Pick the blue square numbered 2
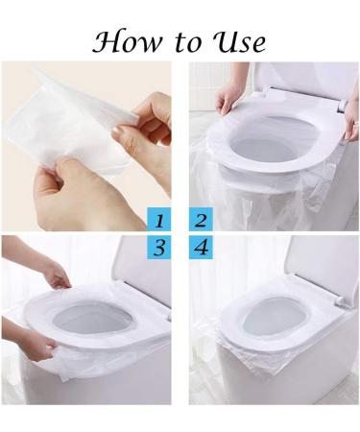coord(201,220)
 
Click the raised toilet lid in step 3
coord(144,264)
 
